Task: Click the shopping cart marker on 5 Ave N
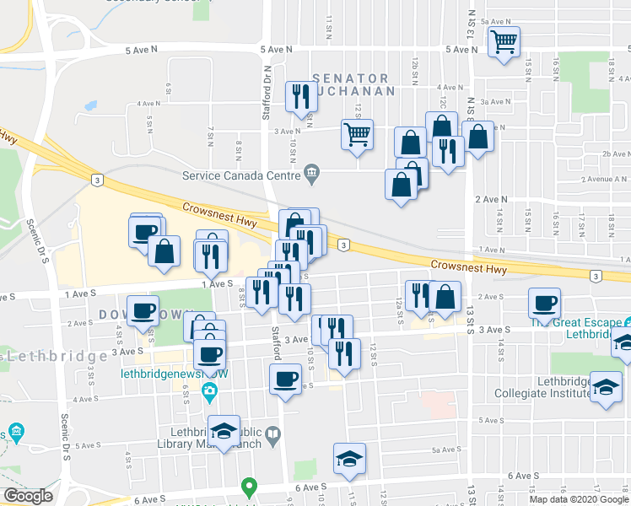coord(504,41)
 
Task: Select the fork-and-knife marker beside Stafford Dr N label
coord(300,97)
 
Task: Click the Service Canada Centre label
coord(241,175)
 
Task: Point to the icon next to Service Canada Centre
coord(312,175)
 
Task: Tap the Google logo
coord(29,496)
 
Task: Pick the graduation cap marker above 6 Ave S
coord(349,459)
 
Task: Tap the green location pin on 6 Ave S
coord(248,487)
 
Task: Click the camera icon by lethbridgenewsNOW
coord(210,389)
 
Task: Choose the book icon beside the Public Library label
coord(272,436)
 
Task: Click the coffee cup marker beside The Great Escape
coord(545,303)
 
